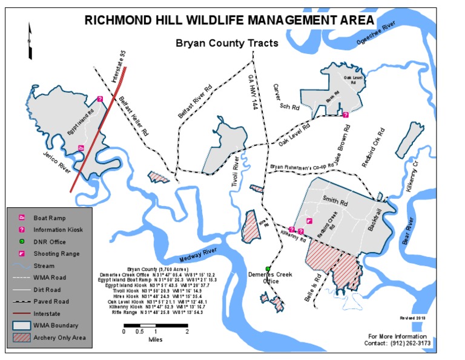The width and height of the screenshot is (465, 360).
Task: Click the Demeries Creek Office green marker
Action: tap(268, 268)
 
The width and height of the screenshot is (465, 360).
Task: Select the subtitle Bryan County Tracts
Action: tap(226, 44)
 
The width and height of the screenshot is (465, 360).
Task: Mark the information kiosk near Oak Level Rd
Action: tap(345, 115)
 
